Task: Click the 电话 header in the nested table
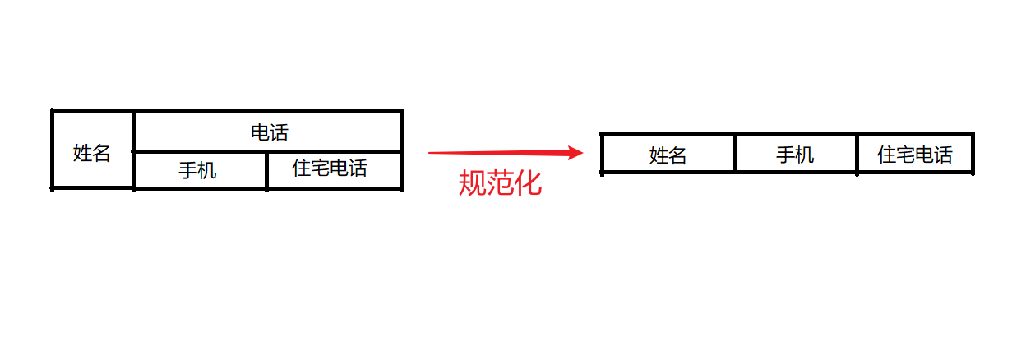tap(270, 132)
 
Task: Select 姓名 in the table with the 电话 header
tap(91, 153)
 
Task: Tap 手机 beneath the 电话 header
tap(198, 171)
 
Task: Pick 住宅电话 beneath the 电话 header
tap(330, 168)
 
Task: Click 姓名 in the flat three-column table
tap(668, 155)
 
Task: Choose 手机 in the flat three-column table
tap(795, 155)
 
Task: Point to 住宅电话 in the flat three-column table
tap(915, 155)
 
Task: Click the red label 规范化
tap(500, 182)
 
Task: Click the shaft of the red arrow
tap(493, 152)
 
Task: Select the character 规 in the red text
tap(472, 182)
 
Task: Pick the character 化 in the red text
tap(529, 182)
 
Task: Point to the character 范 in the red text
tap(501, 182)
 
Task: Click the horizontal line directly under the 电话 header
tap(268, 151)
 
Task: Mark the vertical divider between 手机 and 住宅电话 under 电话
tap(267, 171)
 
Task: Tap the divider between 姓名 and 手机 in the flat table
tap(735, 154)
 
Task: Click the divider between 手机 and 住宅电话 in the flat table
tap(857, 154)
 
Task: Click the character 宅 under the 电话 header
tap(320, 168)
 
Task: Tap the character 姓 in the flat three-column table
tap(658, 155)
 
